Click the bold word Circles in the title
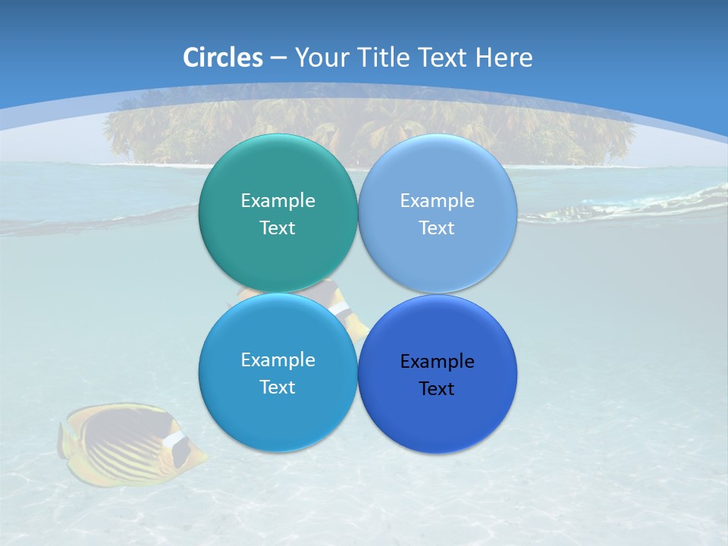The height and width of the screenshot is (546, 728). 223,58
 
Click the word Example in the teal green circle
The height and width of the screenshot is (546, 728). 278,201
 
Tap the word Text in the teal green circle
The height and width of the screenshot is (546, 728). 278,228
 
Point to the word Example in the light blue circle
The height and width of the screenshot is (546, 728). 438,201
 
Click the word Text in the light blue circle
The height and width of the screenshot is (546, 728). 438,228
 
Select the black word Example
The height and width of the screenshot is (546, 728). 438,362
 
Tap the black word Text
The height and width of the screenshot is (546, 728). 438,389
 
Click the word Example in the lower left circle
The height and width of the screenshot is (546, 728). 278,360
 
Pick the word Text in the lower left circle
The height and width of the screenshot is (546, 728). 278,388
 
